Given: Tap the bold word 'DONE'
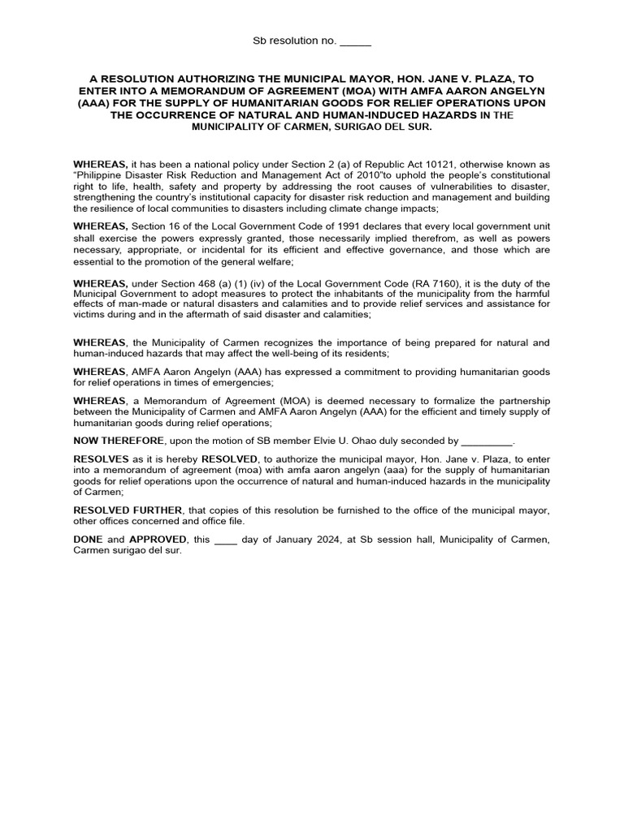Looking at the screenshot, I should pos(88,539).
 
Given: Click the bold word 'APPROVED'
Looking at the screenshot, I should pos(155,539).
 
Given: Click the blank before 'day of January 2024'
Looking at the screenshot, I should pos(225,539).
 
